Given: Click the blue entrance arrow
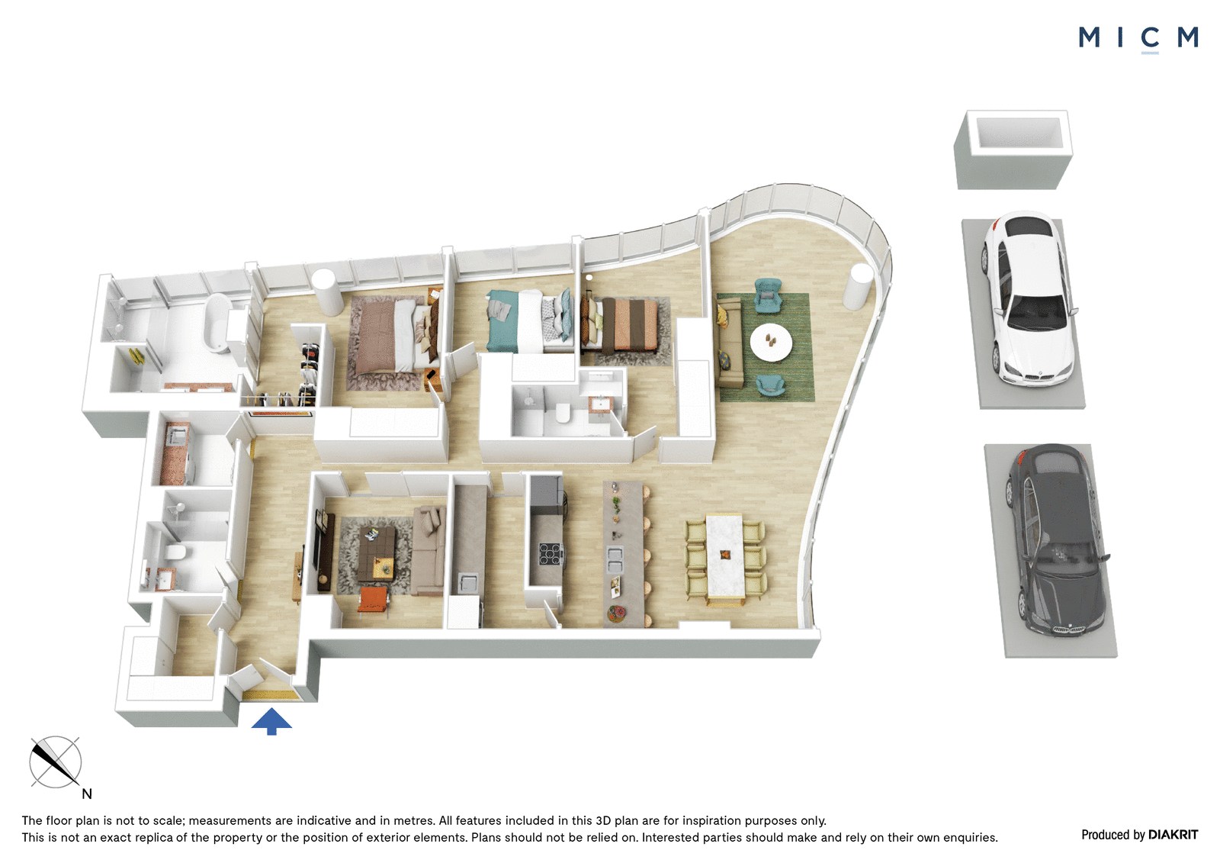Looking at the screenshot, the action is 271,721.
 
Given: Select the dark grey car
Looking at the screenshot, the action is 1053,540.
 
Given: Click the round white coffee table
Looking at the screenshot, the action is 771,342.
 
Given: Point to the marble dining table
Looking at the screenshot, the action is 724,559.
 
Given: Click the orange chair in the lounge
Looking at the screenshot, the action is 374,600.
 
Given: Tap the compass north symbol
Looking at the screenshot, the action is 55,762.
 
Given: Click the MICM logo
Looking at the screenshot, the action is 1138,38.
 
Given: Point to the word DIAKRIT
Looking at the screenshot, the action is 1173,835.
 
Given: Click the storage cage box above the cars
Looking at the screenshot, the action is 1013,149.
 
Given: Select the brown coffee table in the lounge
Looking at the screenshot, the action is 377,554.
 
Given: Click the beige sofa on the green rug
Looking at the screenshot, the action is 729,346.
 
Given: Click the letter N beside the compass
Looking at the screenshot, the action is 87,794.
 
